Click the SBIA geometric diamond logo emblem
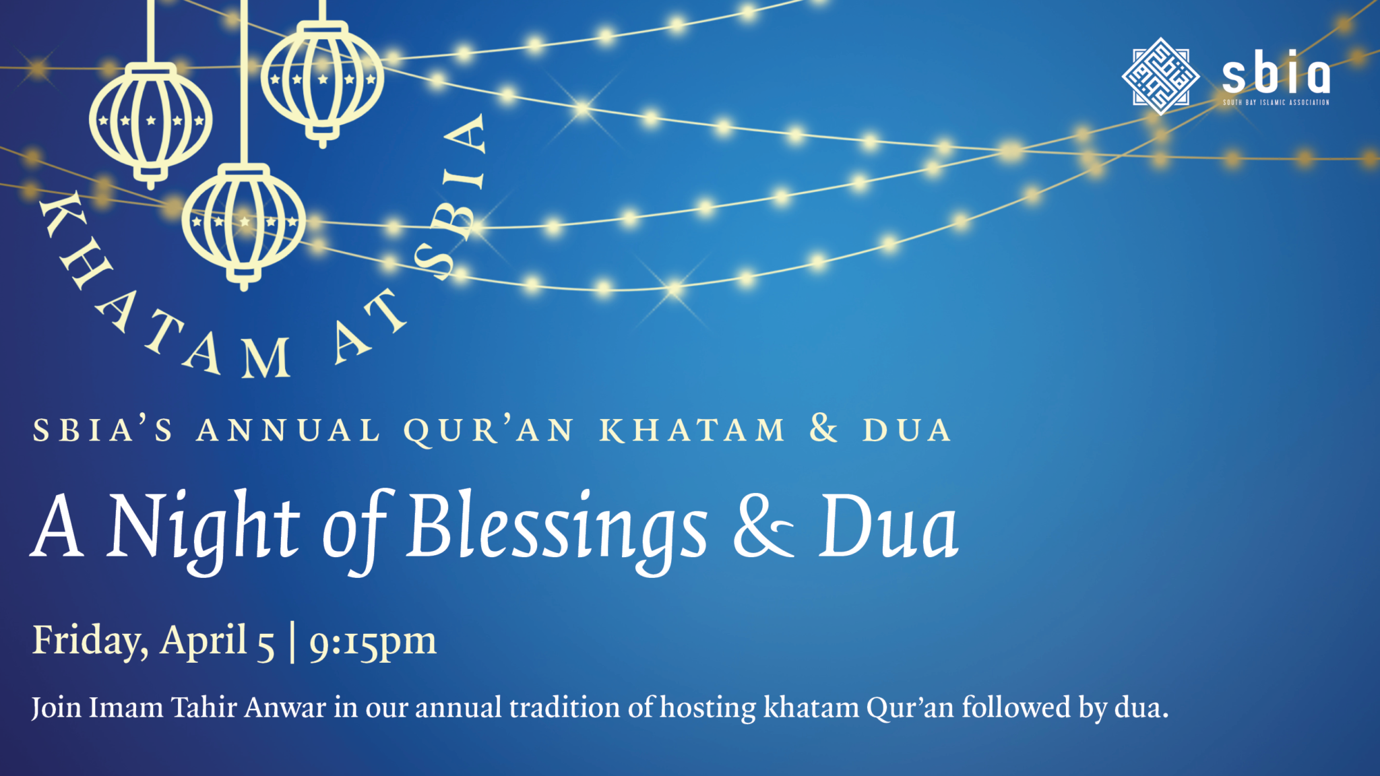[1160, 75]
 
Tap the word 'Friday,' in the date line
[90, 641]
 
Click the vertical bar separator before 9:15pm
[292, 642]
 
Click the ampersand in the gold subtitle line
[823, 429]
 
